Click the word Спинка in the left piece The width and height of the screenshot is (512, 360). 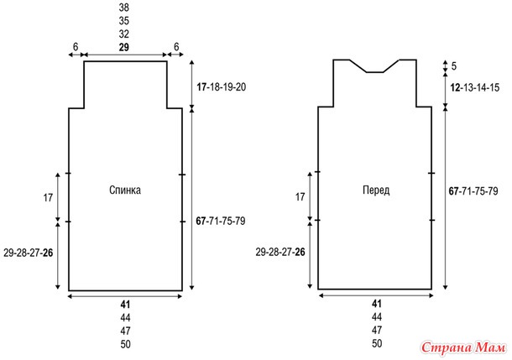tap(125, 190)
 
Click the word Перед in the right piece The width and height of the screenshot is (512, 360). tap(376, 190)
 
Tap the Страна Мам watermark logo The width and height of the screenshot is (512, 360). tap(463, 347)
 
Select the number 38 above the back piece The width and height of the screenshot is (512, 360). tap(123, 8)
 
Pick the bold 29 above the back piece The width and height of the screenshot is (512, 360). tap(123, 47)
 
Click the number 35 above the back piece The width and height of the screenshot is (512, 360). tap(123, 21)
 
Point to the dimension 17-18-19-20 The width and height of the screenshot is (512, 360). tap(221, 87)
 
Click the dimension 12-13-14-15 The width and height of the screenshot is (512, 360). tap(475, 87)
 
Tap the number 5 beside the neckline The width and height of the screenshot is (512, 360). tap(454, 66)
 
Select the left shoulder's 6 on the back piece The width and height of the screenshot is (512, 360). tap(76, 47)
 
